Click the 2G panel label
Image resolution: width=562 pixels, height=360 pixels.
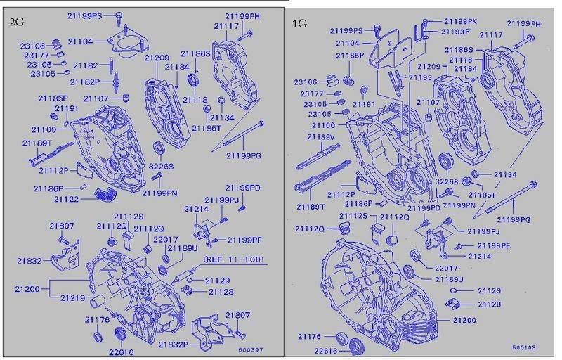[x=16, y=22]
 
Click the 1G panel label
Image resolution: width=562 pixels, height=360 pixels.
[x=300, y=24]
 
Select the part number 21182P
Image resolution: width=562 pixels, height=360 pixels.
[x=85, y=82]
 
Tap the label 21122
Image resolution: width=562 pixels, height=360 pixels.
[x=66, y=199]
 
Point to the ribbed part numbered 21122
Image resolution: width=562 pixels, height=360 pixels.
[x=107, y=195]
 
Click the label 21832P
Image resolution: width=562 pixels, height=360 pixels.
[x=174, y=345]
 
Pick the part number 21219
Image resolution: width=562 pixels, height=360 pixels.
[x=73, y=297]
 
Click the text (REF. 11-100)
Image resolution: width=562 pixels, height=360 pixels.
[x=234, y=259]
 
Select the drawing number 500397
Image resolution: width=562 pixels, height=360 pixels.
[x=251, y=349]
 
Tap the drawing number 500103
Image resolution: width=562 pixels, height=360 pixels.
[x=523, y=347]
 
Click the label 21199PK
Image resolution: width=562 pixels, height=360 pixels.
[x=461, y=22]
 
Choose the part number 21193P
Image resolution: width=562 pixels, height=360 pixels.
[x=455, y=32]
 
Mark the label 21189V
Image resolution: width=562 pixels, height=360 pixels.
[x=321, y=137]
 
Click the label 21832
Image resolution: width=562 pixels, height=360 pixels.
[x=30, y=261]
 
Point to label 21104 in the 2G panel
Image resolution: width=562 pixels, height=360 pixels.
[x=80, y=41]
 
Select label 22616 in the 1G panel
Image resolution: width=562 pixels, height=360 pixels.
[x=326, y=351]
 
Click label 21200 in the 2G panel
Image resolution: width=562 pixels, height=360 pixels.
[x=27, y=289]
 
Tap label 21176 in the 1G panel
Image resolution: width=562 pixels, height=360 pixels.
[x=310, y=336]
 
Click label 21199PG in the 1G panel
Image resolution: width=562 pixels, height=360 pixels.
[x=514, y=219]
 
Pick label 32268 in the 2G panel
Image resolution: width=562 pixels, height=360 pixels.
[x=161, y=167]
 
